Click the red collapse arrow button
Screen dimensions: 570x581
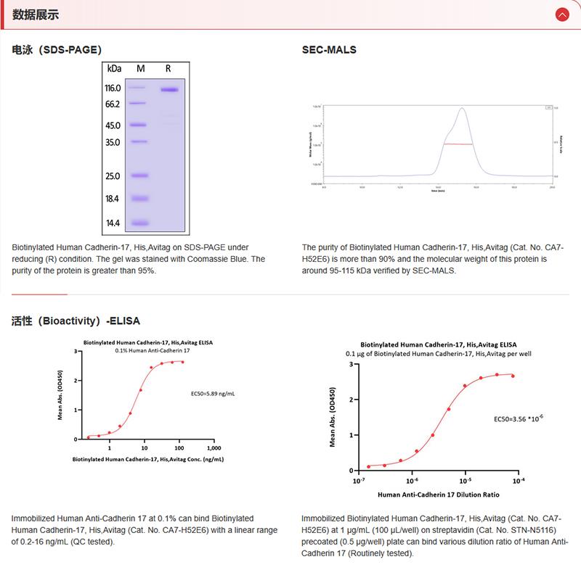point(561,15)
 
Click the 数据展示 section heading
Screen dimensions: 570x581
point(36,15)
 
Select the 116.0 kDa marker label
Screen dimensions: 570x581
point(113,88)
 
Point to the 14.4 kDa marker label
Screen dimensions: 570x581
point(113,223)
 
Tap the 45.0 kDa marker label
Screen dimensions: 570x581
point(113,125)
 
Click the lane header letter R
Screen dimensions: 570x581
point(168,68)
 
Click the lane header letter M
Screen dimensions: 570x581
point(141,68)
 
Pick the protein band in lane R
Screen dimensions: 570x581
point(170,90)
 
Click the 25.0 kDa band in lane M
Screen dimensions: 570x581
point(139,175)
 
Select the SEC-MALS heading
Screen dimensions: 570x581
point(329,50)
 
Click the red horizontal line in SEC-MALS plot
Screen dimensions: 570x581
point(458,144)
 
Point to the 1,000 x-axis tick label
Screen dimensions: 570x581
point(214,448)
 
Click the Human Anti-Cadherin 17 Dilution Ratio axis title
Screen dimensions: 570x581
point(439,495)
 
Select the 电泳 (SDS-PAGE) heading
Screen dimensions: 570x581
point(57,50)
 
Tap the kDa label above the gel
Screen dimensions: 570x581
point(114,68)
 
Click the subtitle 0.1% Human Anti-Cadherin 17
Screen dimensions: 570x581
point(147,350)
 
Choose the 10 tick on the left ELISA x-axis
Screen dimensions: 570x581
point(145,448)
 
